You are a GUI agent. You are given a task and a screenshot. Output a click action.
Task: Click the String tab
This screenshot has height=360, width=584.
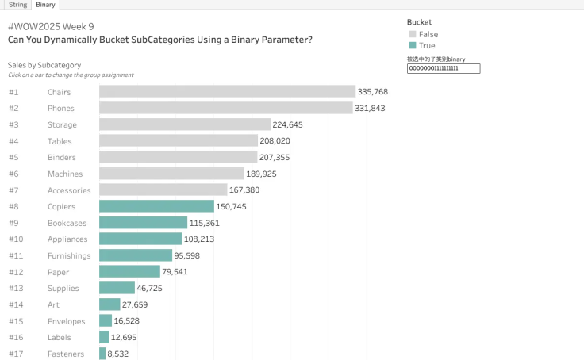(x=17, y=5)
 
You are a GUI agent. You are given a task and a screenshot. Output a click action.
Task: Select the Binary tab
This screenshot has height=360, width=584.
(x=45, y=5)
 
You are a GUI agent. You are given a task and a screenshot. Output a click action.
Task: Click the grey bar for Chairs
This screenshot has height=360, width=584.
(x=227, y=91)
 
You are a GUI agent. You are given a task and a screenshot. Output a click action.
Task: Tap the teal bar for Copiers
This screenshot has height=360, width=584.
(x=156, y=206)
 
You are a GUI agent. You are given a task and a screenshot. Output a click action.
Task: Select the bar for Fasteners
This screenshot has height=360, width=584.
(x=102, y=354)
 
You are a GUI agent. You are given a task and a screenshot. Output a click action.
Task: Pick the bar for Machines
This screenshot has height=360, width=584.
(x=171, y=174)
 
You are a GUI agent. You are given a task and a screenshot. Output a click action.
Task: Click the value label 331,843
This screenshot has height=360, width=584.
(x=370, y=109)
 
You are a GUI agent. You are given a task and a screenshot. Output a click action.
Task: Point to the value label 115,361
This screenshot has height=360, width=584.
(x=205, y=223)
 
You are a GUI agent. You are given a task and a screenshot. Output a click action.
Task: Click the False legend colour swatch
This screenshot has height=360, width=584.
(x=413, y=34)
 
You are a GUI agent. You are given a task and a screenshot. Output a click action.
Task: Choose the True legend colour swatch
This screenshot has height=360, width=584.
(x=413, y=45)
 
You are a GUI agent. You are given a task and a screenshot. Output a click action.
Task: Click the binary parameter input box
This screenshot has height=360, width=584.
(x=444, y=68)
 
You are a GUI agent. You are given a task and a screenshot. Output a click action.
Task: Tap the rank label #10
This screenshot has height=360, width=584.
(x=16, y=239)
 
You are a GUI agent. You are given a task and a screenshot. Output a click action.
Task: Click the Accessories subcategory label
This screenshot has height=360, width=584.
(x=69, y=190)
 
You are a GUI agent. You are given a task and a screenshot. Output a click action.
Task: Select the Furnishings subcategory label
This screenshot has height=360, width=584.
(x=69, y=256)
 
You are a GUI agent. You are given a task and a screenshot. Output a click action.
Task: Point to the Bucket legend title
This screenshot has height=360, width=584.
(x=420, y=22)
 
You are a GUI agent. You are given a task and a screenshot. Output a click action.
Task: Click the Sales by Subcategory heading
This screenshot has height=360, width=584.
(x=44, y=65)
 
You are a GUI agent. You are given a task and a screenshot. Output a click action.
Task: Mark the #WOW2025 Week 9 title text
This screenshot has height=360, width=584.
(x=51, y=26)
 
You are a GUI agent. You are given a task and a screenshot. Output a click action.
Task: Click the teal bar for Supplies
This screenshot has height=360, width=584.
(x=117, y=288)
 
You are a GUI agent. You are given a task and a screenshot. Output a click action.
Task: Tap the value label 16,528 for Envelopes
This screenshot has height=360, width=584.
(x=127, y=321)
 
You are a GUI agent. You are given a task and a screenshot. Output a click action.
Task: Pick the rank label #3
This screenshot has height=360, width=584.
(x=13, y=124)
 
